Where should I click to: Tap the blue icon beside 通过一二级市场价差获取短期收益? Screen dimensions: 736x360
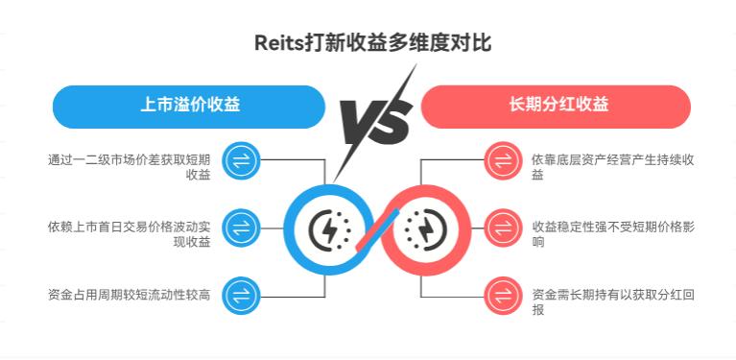(x=239, y=160)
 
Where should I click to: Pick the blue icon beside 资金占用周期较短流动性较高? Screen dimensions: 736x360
(x=239, y=294)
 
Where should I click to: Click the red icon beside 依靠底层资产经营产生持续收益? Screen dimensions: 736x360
(x=501, y=160)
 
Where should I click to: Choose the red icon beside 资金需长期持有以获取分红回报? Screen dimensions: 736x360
(x=501, y=294)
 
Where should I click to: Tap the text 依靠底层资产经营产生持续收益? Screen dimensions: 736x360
(x=612, y=167)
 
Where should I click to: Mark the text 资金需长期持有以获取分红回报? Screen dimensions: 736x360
(x=612, y=301)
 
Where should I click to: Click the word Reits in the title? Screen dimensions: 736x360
(x=276, y=43)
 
